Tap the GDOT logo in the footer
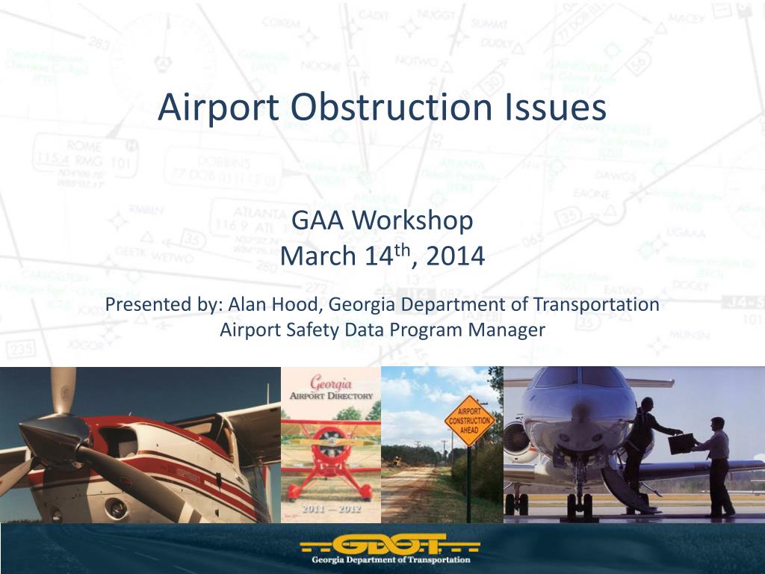coord(382,546)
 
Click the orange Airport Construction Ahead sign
coord(469,421)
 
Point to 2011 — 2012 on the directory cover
coord(330,509)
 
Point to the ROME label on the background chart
coord(84,145)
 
